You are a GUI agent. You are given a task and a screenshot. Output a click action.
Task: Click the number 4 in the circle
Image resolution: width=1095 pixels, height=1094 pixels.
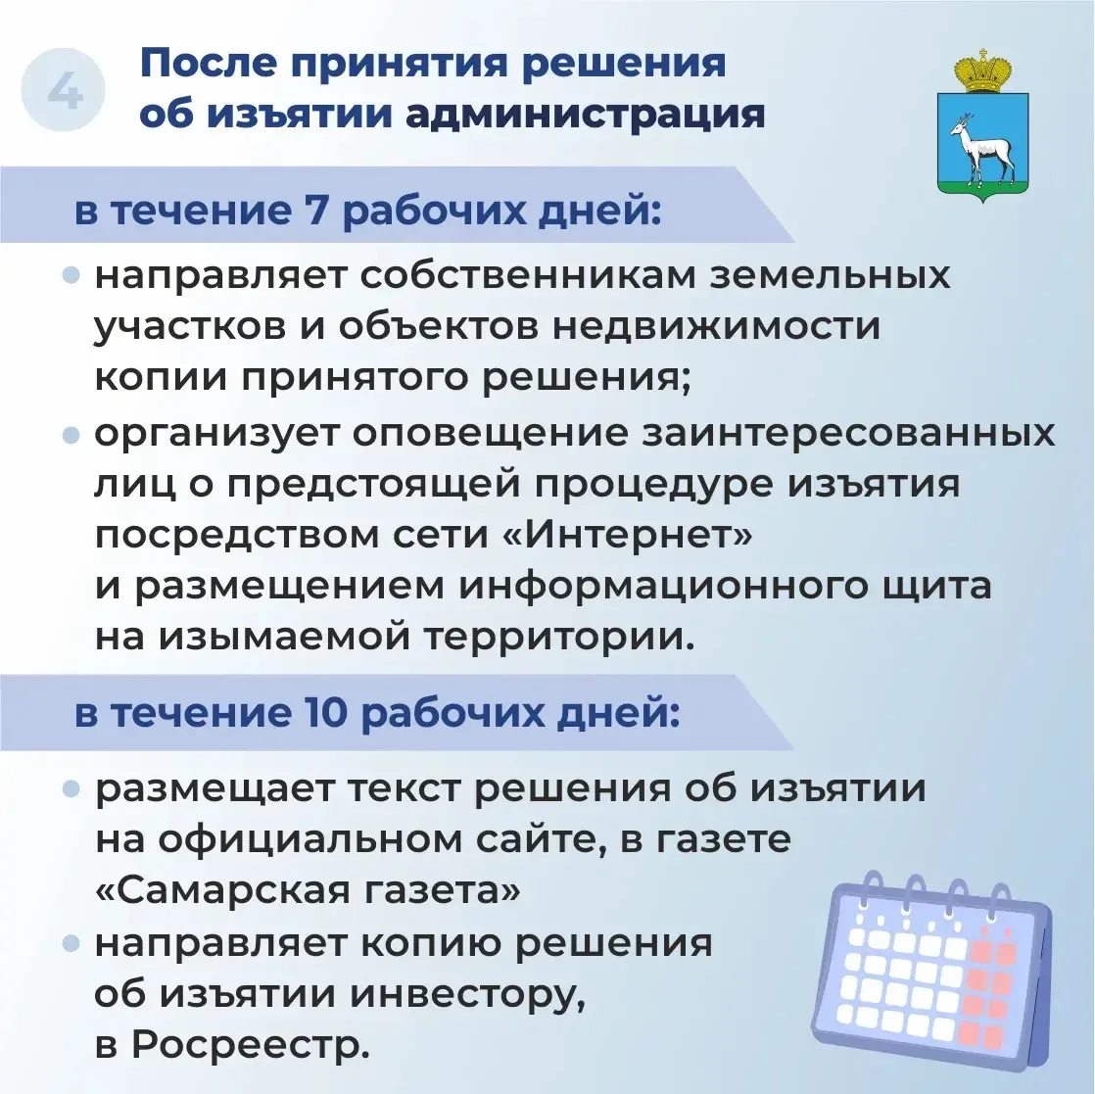click(x=65, y=91)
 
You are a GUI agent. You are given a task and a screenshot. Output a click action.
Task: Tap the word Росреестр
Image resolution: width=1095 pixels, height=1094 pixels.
click(x=251, y=1045)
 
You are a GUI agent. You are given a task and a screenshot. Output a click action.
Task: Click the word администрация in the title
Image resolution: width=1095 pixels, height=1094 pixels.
click(x=586, y=115)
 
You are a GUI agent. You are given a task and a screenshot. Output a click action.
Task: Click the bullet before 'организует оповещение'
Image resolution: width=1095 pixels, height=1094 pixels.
click(x=71, y=436)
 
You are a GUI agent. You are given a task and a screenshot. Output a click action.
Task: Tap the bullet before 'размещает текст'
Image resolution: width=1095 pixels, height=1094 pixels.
click(x=71, y=790)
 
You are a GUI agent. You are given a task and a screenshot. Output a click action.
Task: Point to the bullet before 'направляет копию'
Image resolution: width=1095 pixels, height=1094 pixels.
click(x=71, y=945)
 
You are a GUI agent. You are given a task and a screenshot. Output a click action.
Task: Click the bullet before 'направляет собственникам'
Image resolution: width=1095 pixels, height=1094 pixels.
click(x=71, y=276)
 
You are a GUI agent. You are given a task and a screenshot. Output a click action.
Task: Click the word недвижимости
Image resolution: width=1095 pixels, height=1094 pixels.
click(x=717, y=326)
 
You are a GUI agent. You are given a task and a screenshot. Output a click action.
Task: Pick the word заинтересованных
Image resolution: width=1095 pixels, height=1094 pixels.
click(x=848, y=433)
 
